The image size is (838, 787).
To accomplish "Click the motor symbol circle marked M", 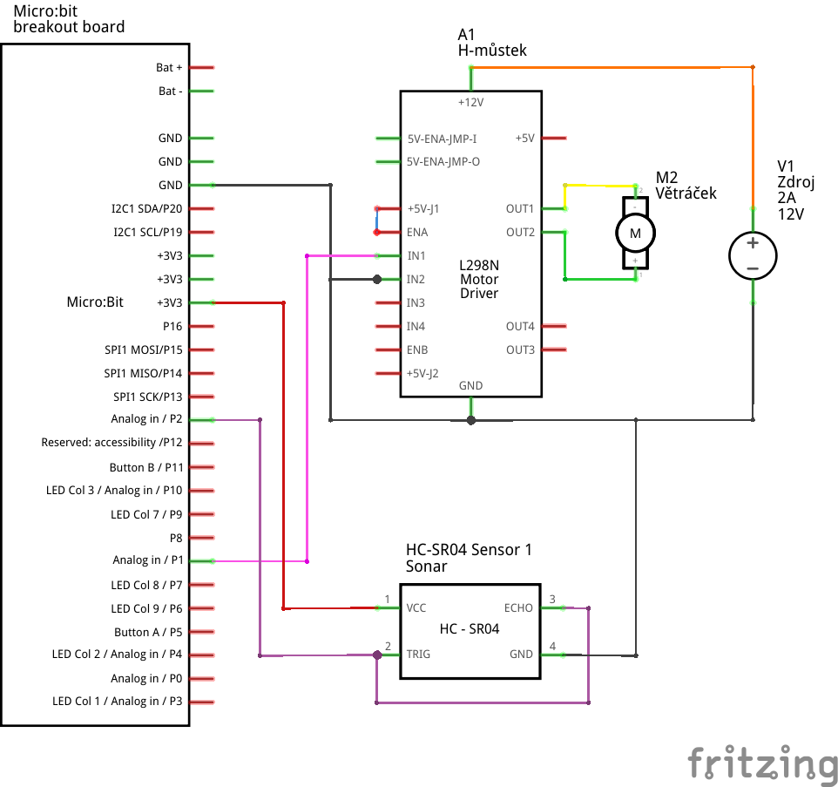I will click(635, 233).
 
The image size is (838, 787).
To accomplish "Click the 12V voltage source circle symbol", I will click(753, 255).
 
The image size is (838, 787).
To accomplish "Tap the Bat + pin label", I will click(169, 67).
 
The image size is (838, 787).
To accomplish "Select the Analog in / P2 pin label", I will click(146, 419).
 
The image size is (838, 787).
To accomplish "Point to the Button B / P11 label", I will click(145, 467).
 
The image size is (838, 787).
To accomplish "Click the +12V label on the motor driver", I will click(470, 102).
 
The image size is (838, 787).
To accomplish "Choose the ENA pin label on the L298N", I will click(417, 233).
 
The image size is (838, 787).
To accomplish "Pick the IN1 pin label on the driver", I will click(416, 256).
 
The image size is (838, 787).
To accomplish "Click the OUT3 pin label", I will click(520, 349).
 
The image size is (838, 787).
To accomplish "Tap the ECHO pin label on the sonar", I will click(518, 607).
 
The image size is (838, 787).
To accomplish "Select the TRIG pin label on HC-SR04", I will click(420, 654).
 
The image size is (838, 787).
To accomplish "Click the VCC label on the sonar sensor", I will click(416, 607).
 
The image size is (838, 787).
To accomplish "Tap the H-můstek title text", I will click(492, 51).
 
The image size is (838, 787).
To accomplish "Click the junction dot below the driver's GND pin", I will click(471, 420).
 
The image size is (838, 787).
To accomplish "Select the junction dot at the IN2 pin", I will click(377, 280).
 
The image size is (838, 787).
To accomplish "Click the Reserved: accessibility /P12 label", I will click(112, 443).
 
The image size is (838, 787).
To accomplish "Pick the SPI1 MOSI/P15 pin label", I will click(143, 349).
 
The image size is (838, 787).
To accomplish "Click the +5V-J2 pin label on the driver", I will click(422, 373).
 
